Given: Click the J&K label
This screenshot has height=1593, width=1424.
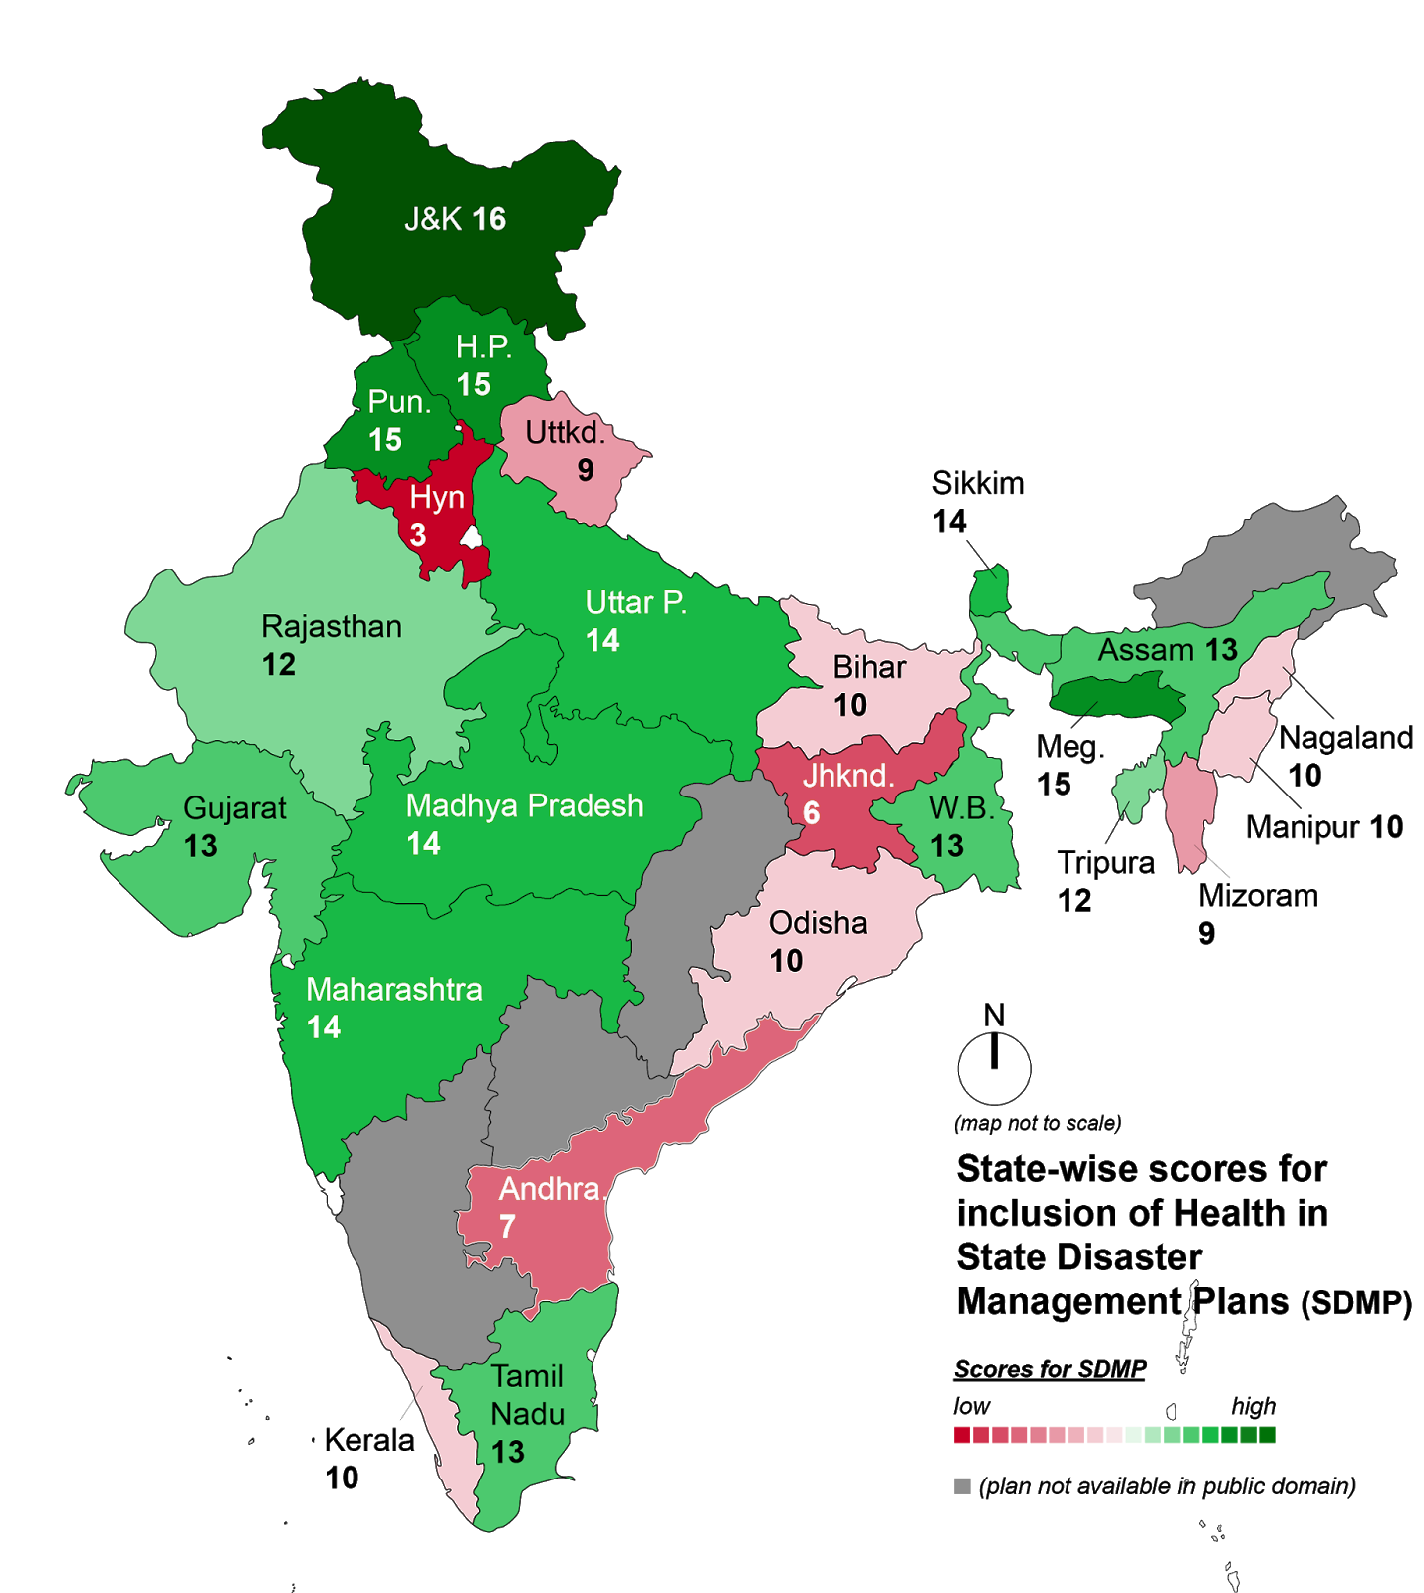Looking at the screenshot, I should (433, 219).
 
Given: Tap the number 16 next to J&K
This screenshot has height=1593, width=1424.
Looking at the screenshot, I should (489, 219).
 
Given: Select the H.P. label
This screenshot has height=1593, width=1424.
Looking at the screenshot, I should (484, 346).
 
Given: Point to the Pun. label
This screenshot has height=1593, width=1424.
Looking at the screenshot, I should (399, 402).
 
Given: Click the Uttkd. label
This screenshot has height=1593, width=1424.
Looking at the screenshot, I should (565, 433).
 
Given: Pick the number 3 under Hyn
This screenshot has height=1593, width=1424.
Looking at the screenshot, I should (418, 535).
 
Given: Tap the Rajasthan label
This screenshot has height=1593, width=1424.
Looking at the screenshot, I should (332, 627).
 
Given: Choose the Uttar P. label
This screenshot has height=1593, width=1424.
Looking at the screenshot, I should (635, 603).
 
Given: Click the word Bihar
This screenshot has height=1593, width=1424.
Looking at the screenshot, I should (869, 667).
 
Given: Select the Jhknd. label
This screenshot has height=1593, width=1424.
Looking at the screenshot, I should (848, 776).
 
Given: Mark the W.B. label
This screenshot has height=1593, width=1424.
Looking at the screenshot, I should (961, 808).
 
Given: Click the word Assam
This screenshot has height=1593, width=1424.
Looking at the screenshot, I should (1146, 650).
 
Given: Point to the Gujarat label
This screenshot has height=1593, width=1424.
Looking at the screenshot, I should (235, 808).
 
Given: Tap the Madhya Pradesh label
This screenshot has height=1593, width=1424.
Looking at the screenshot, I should (525, 805).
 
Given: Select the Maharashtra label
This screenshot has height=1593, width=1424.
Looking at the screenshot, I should (394, 990).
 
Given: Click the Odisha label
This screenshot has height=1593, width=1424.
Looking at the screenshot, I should (818, 923).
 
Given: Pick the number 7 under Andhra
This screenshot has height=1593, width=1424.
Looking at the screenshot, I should (508, 1226).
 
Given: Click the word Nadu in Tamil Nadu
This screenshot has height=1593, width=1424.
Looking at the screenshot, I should (528, 1414).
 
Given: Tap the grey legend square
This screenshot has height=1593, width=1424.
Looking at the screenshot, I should (962, 1485).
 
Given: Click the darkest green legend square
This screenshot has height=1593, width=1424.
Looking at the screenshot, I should (1267, 1435).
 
